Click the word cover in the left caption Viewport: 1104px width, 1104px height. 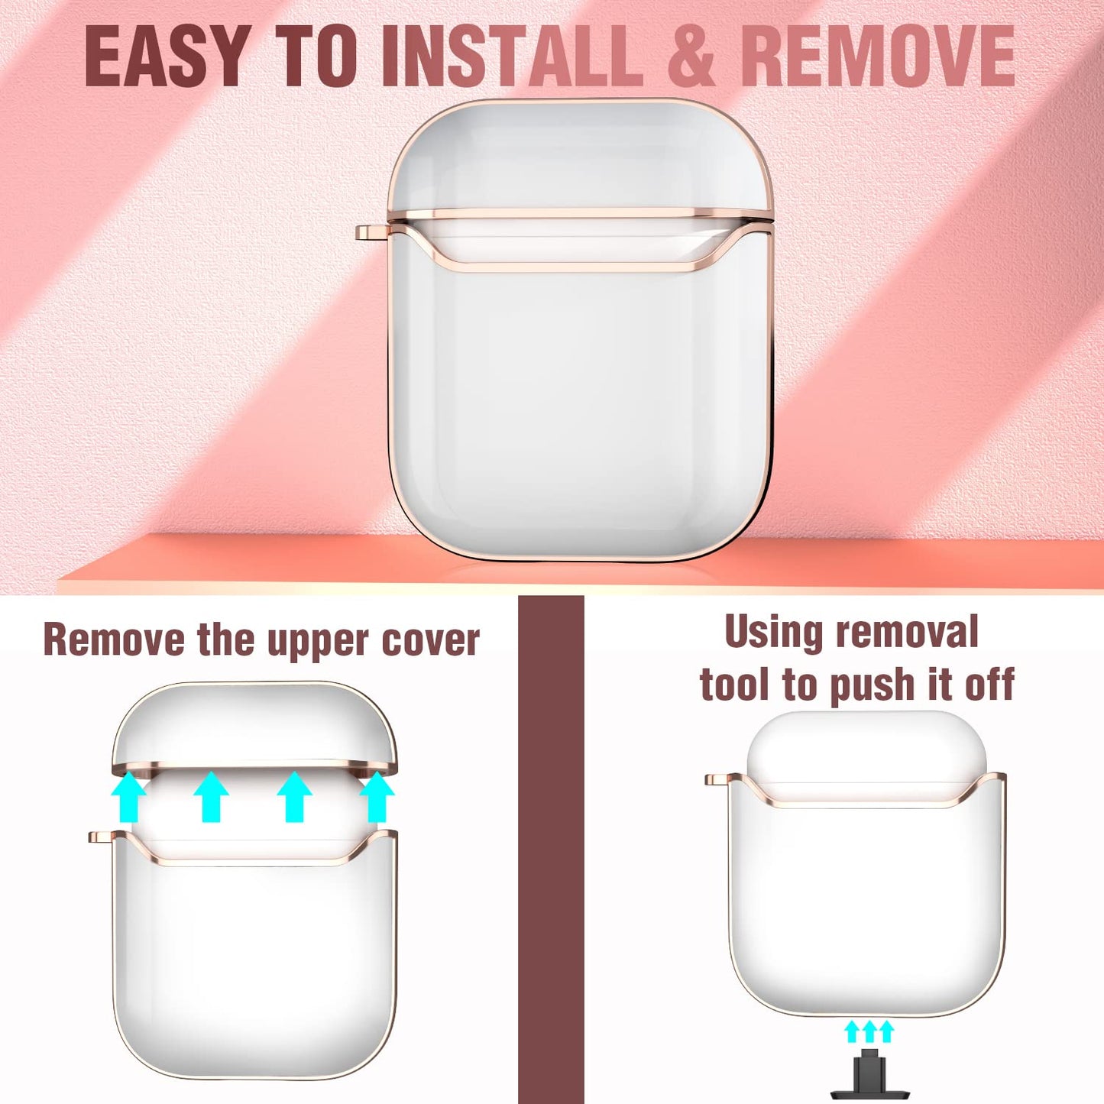[430, 640]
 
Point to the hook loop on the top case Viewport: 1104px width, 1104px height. [372, 232]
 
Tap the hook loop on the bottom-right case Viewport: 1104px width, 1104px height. [718, 779]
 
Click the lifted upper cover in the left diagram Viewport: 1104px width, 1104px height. [254, 725]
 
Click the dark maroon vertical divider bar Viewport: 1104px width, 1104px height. [551, 850]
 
